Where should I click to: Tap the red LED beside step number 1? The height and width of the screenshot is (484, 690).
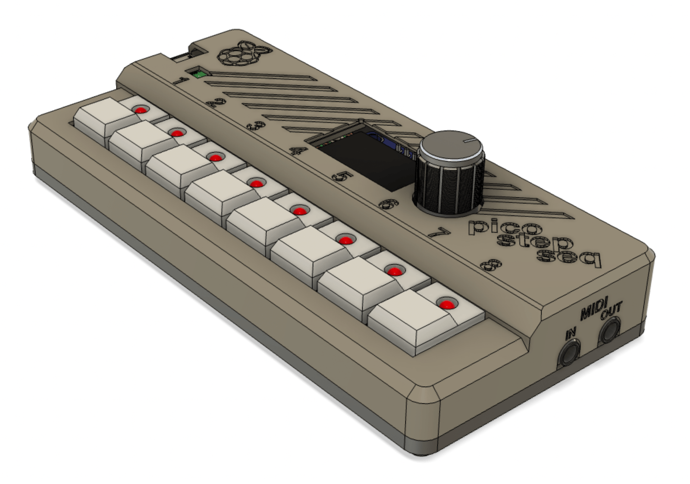[x=141, y=109]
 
